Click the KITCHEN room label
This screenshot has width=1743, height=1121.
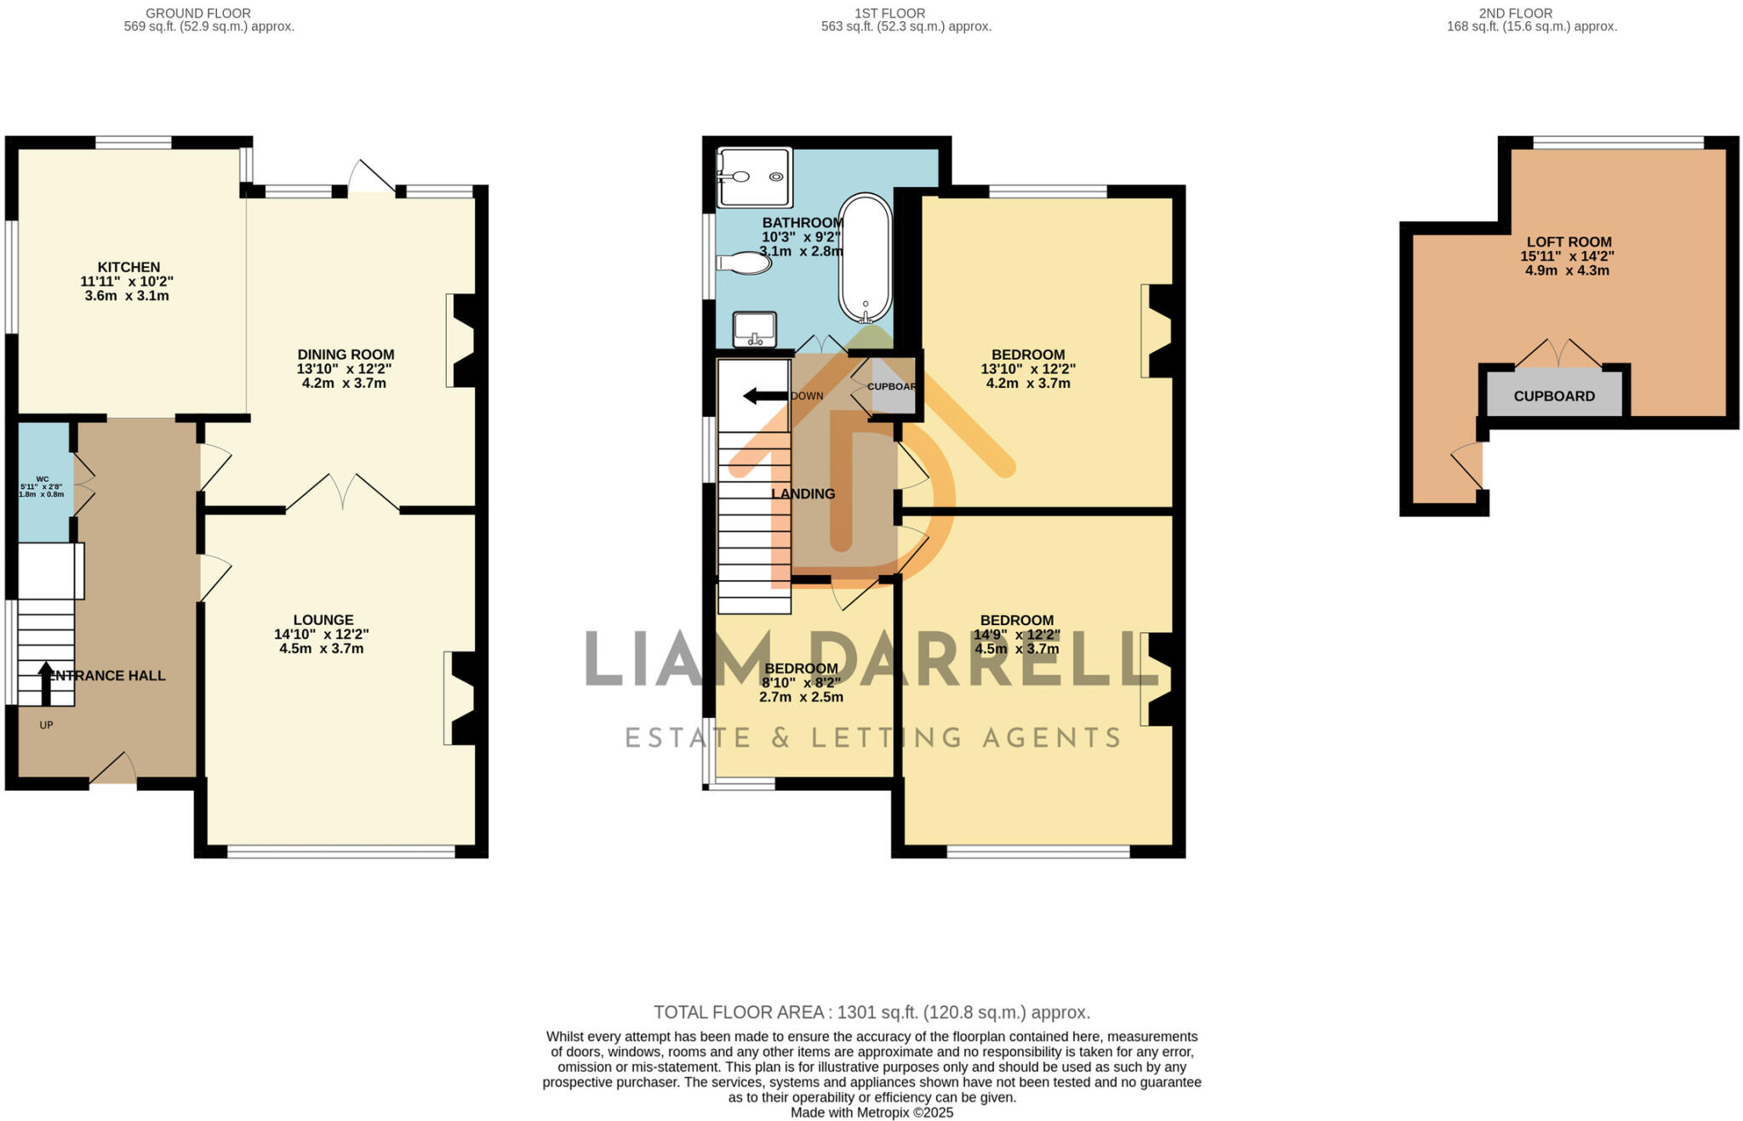click(129, 267)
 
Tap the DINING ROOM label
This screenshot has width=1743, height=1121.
click(346, 355)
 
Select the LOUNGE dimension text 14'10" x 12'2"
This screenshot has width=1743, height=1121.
click(322, 634)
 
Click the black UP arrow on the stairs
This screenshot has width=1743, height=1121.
click(45, 683)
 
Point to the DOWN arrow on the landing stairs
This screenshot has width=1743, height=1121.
click(764, 395)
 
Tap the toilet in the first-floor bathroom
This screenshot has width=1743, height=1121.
click(745, 262)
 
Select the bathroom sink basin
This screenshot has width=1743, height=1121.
click(754, 328)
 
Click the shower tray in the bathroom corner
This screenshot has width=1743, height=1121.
click(754, 177)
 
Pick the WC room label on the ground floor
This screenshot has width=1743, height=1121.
click(43, 479)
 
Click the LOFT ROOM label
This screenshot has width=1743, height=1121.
click(1569, 242)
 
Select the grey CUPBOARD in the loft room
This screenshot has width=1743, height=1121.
click(1554, 395)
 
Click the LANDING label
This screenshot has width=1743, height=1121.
click(803, 493)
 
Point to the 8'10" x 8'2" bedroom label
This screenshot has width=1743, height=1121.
click(801, 682)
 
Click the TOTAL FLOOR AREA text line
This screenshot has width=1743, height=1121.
click(871, 1012)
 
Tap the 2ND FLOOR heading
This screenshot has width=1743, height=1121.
click(1532, 13)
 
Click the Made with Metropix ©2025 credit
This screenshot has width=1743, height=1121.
click(871, 1112)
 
